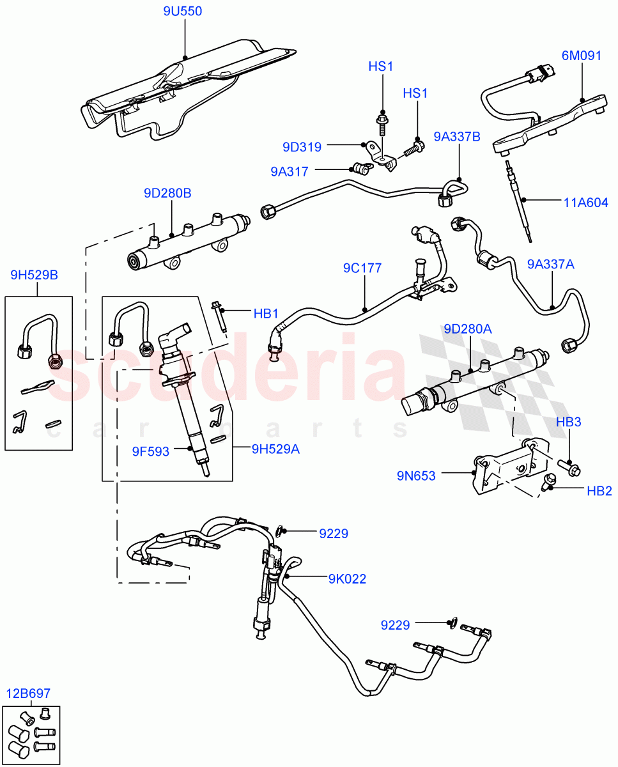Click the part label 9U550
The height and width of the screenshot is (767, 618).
pos(184,12)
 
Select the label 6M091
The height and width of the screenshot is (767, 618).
pos(582,56)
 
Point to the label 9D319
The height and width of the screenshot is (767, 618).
pos(302,146)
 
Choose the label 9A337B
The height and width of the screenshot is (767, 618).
pos(458,136)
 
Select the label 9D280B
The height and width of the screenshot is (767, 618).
pos(167,193)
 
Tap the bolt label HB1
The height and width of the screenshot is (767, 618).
pos(266,313)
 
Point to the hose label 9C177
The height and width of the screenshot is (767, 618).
pos(362,268)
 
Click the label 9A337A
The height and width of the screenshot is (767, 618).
pos(551,264)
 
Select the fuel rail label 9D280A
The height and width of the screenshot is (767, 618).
pos(468,329)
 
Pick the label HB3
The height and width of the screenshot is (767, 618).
pos(568,422)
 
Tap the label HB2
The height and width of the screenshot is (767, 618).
pos(599,491)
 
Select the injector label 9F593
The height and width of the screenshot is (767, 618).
pos(151,451)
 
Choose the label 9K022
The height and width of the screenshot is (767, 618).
pos(347,579)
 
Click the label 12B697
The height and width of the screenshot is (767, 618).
pos(29,693)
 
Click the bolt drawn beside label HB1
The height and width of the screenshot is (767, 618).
pos(219,317)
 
